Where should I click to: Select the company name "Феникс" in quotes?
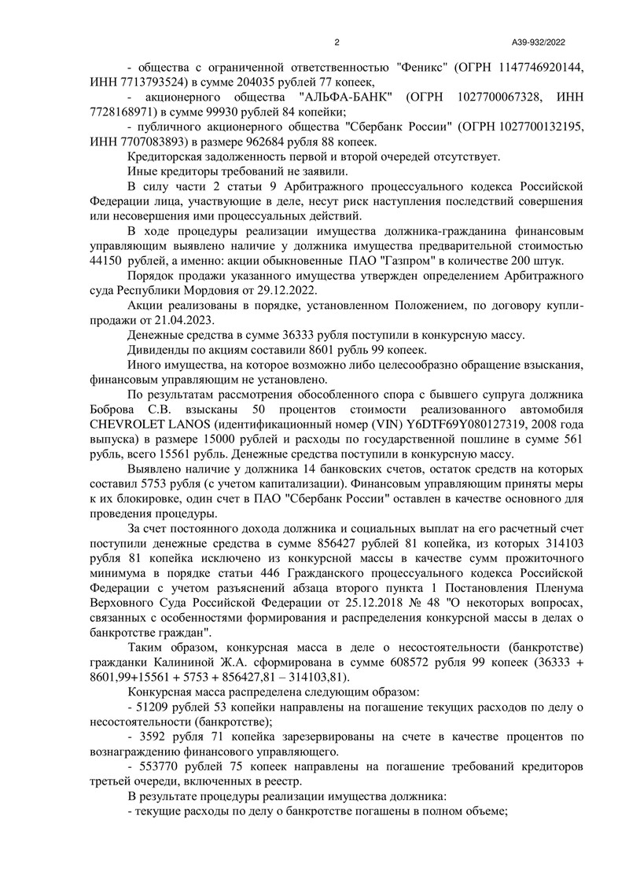423,68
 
